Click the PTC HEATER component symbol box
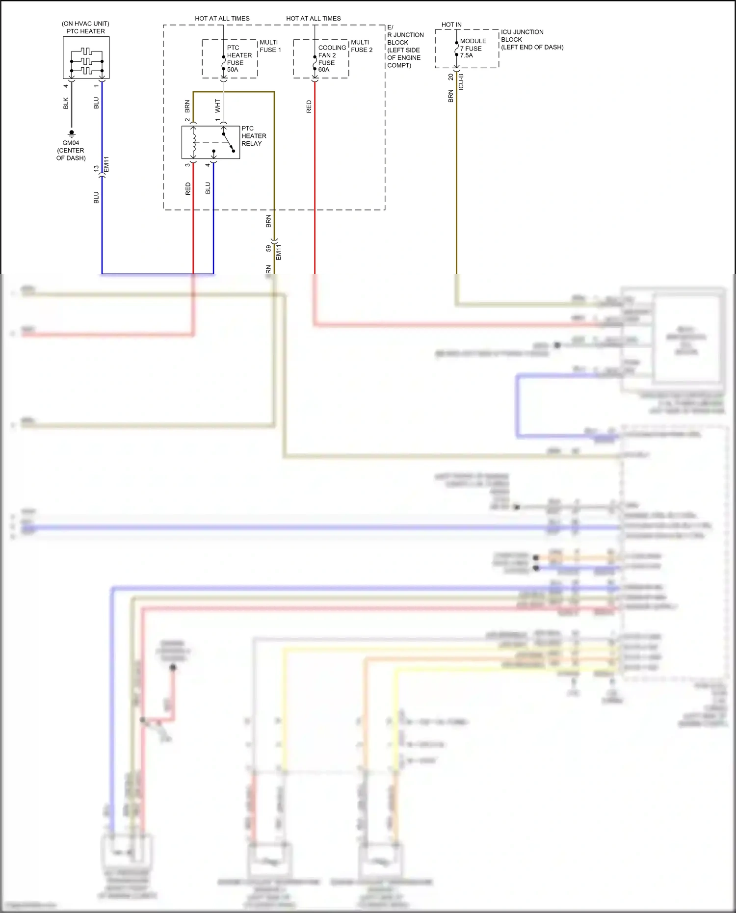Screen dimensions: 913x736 86,57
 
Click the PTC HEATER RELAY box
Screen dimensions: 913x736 210,142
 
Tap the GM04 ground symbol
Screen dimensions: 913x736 72,133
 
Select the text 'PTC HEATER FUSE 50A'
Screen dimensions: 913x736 239,58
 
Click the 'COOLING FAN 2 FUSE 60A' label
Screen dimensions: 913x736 331,58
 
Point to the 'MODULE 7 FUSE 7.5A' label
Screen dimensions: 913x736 473,48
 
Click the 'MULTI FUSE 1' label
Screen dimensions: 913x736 270,46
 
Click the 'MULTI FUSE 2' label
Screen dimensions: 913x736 362,46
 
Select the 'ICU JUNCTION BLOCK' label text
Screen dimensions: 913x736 522,36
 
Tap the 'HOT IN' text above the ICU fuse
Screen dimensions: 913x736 451,25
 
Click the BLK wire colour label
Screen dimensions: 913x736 66,103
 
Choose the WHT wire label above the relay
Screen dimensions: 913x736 218,105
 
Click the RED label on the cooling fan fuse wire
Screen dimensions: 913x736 309,106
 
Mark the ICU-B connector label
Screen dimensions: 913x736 461,81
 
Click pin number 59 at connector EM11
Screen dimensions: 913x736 268,248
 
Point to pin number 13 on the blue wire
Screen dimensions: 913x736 96,168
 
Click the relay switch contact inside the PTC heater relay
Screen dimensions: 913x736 229,142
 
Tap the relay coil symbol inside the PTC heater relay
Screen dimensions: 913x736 194,142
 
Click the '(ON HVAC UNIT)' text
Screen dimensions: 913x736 85,24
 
